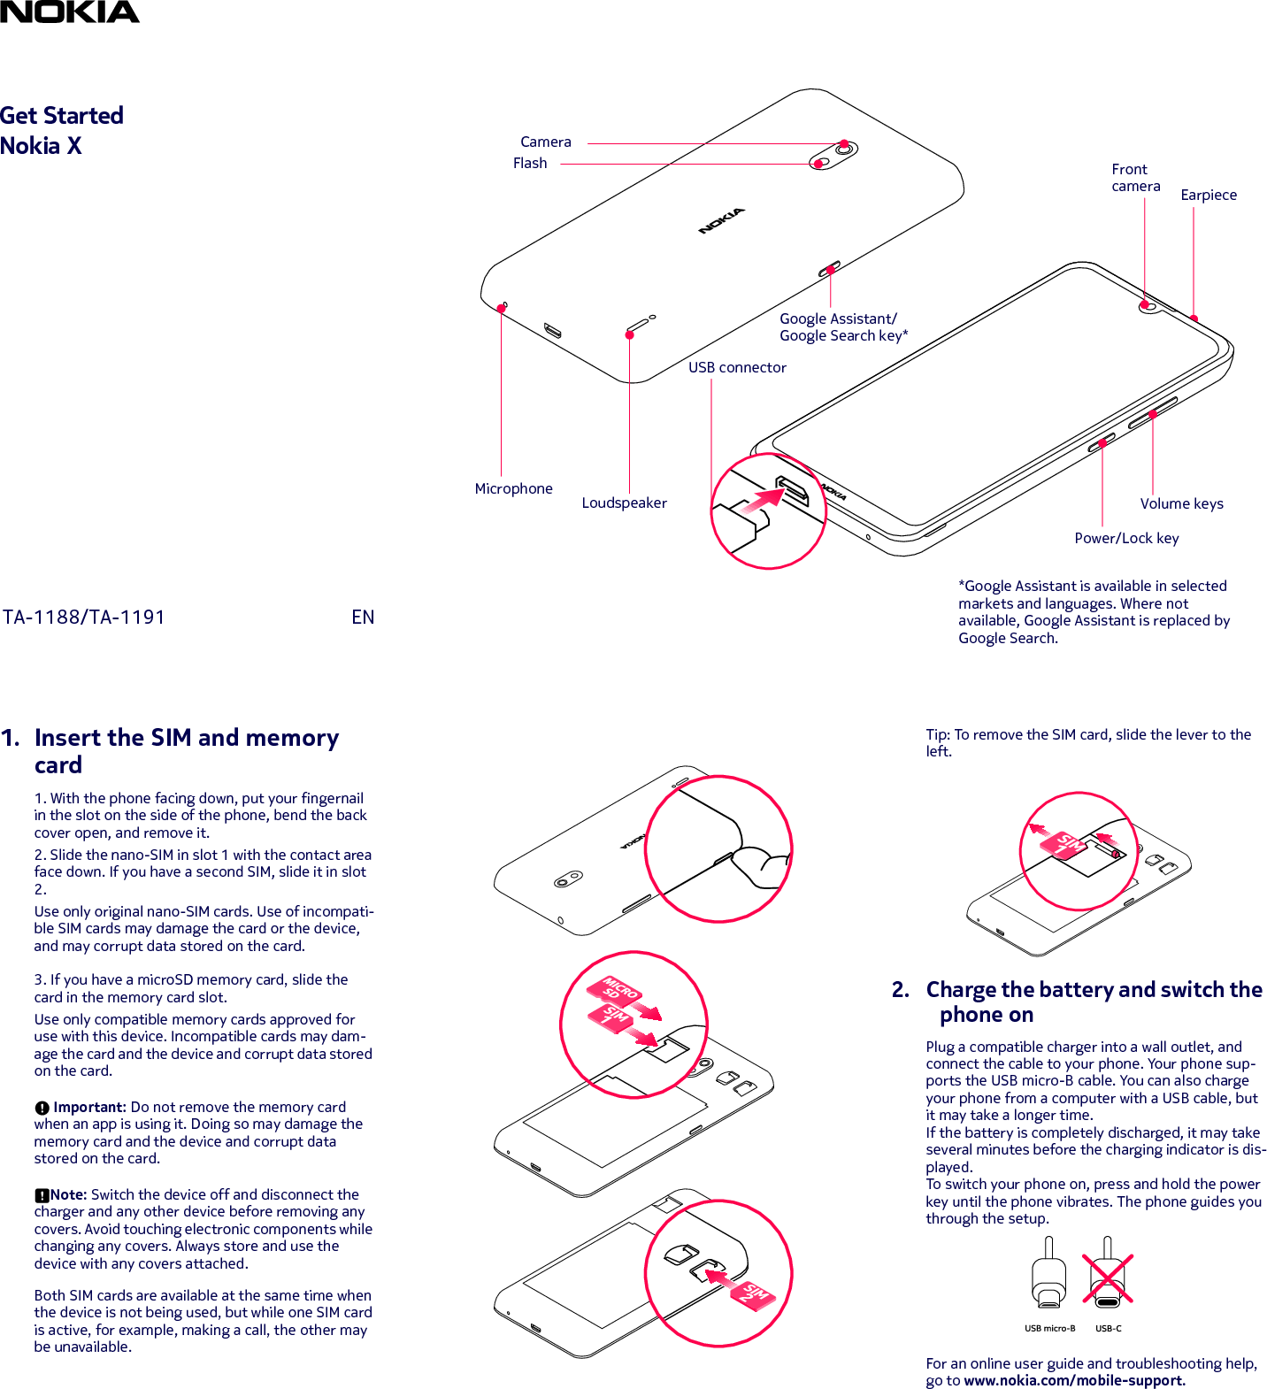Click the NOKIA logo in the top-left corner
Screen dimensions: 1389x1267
[x=69, y=12]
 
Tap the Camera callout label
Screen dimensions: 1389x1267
[x=545, y=142]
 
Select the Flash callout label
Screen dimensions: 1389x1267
[x=530, y=163]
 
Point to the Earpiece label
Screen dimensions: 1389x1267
[x=1208, y=195]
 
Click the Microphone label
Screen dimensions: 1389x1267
[x=513, y=488]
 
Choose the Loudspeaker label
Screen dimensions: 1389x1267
[x=624, y=503]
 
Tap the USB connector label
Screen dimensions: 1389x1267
[x=737, y=367]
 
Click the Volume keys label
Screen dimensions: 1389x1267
[x=1181, y=503]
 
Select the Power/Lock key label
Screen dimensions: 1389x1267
[x=1126, y=538]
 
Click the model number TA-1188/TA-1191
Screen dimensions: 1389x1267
[x=84, y=617]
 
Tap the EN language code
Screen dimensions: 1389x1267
[x=363, y=617]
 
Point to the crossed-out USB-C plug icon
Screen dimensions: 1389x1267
[x=1107, y=1278]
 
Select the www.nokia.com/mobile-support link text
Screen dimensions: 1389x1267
[x=1073, y=1380]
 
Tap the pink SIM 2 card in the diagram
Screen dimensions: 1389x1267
[x=754, y=1294]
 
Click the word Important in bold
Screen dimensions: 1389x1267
[x=88, y=1107]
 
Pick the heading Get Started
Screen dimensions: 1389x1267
[x=62, y=116]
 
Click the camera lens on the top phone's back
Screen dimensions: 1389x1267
[x=845, y=149]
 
